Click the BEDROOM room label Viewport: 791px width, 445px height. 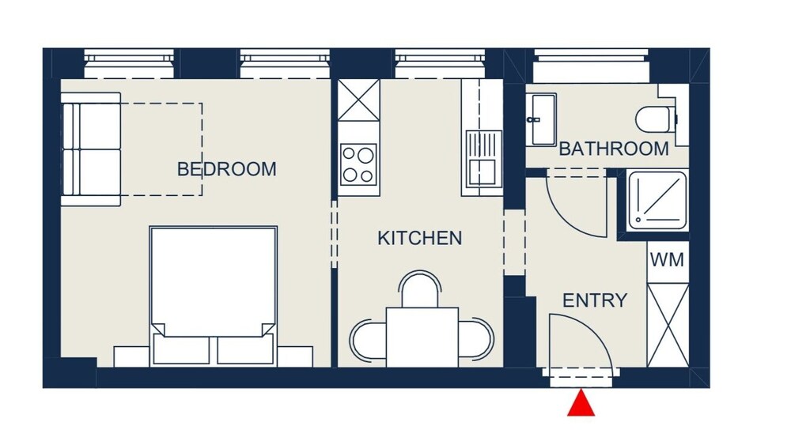[x=226, y=169]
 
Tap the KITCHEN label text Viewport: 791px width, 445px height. [x=420, y=238]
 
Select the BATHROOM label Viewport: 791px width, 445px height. [x=614, y=149]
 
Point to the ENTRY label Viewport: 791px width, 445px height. [x=595, y=300]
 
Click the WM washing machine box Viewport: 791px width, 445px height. [x=668, y=260]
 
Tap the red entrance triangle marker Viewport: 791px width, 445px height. [x=581, y=402]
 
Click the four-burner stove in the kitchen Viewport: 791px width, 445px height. [x=358, y=164]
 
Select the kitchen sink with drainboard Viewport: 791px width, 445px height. [x=483, y=159]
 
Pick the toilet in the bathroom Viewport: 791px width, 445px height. [x=655, y=119]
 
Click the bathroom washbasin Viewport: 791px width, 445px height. [x=541, y=119]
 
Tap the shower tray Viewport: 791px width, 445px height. [x=657, y=201]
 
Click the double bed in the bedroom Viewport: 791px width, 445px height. [x=213, y=296]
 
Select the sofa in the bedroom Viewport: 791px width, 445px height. [x=91, y=149]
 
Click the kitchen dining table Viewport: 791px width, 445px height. [x=422, y=337]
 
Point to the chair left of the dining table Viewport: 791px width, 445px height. [x=369, y=341]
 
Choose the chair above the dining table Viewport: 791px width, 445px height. [x=420, y=288]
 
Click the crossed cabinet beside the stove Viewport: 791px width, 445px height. [x=358, y=100]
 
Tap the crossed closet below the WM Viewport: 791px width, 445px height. [x=668, y=325]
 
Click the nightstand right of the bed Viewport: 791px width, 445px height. [x=294, y=356]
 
